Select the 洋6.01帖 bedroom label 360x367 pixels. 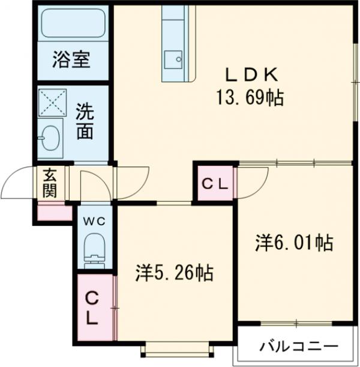pos(294,243)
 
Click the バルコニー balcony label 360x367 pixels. pos(298,347)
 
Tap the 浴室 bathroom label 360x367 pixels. pos(71,61)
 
